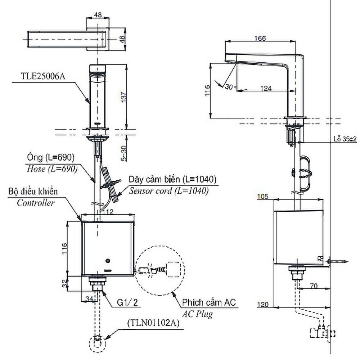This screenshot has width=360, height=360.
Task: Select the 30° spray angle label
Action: (x=231, y=87)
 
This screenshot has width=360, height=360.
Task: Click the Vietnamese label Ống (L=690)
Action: (x=51, y=157)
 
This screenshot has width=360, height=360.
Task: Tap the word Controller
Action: (x=36, y=203)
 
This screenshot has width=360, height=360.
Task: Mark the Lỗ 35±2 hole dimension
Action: (x=344, y=139)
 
